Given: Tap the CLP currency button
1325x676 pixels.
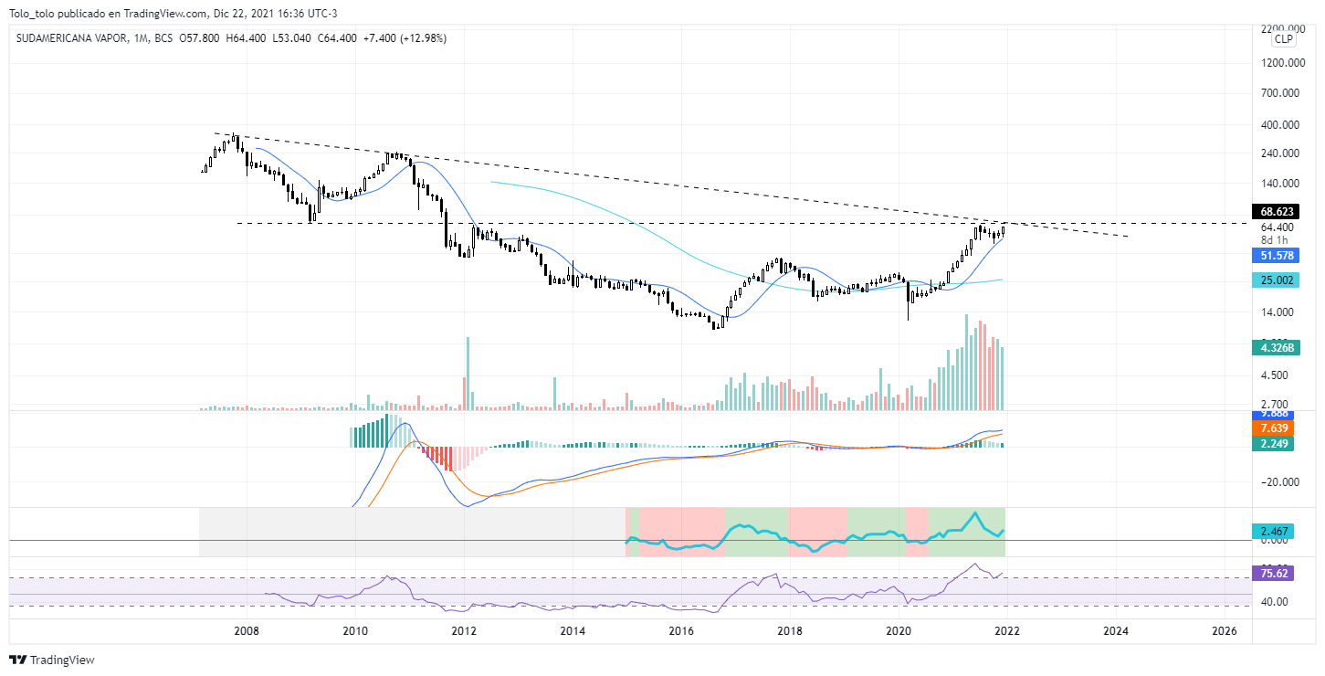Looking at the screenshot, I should coord(1284,38).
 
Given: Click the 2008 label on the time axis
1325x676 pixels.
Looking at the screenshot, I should coord(246,631).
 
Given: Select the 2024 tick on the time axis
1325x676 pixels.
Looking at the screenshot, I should coord(1115,631).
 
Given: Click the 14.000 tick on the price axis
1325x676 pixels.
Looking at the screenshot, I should coord(1278,312).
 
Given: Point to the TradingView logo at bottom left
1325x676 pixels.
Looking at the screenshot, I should coord(52,660).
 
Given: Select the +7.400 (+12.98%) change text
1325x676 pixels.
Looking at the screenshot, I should coord(407,38).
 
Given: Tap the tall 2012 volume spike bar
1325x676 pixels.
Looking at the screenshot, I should coord(468,375).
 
